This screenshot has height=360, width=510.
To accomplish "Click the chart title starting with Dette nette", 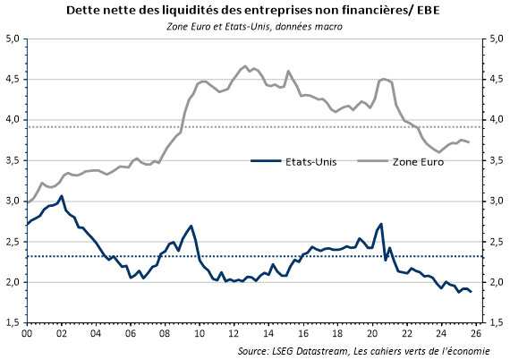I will (254, 11).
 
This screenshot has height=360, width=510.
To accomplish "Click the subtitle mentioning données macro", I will (254, 26).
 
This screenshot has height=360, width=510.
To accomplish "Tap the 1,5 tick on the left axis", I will (13, 322).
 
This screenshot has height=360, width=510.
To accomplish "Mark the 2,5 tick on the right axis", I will (493, 242).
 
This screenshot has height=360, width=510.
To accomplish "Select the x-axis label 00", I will (26, 334).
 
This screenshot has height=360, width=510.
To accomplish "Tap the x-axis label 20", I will (376, 334).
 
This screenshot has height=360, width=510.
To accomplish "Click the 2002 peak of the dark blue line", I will (61, 196).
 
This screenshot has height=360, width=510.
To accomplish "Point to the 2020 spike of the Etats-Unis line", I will (381, 224).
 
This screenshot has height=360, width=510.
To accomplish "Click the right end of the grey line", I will (470, 142).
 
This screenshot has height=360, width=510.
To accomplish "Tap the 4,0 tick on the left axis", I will (13, 120).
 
